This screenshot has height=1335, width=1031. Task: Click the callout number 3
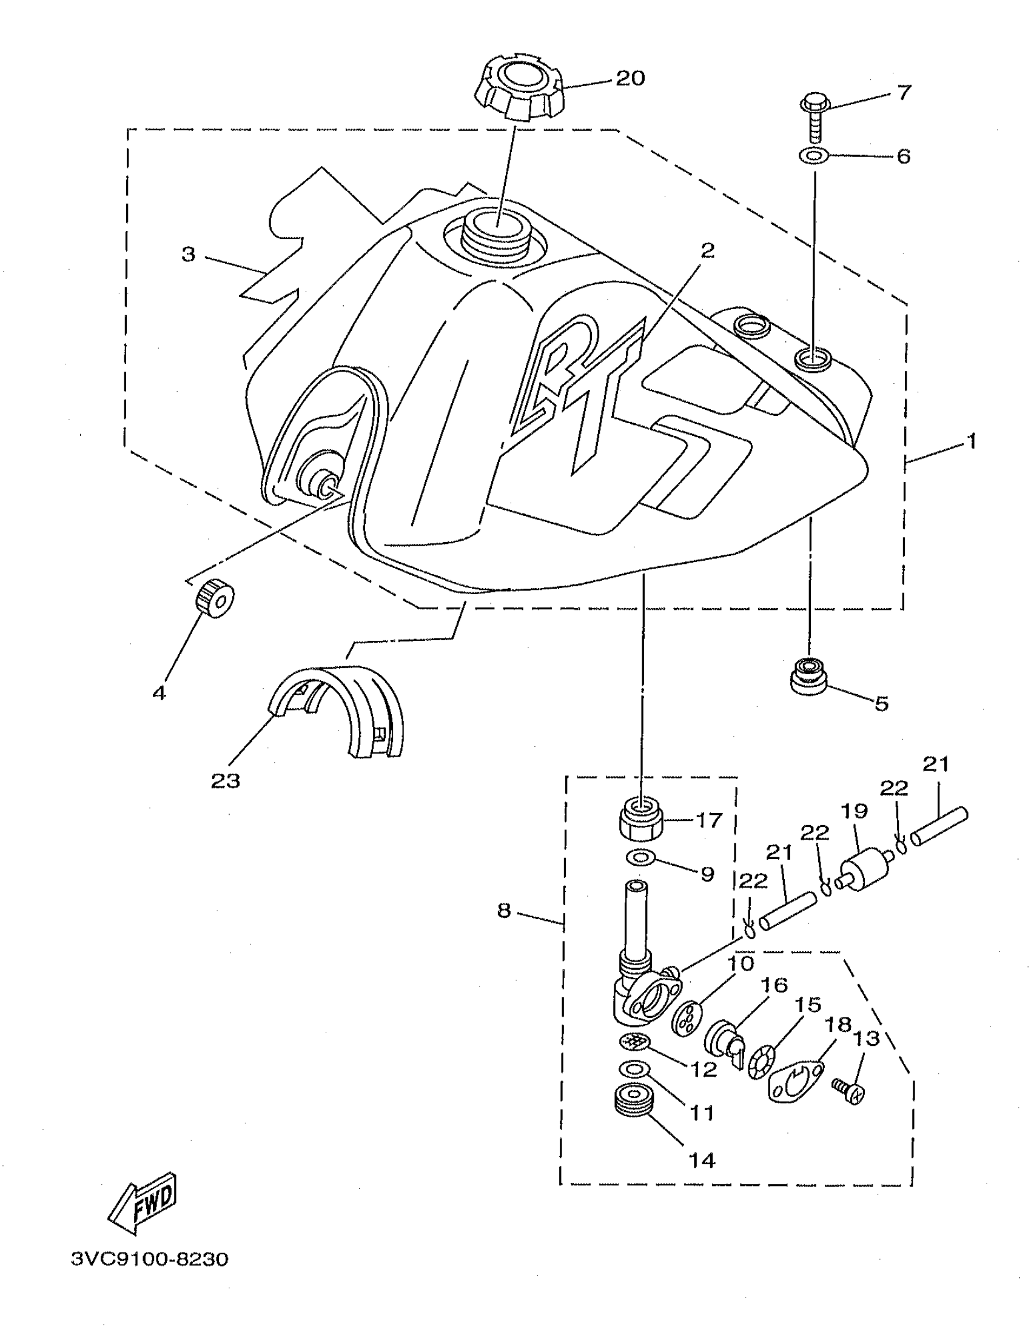[189, 254]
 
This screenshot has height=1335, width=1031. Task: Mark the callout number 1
[971, 441]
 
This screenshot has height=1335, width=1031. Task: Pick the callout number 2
[707, 250]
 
